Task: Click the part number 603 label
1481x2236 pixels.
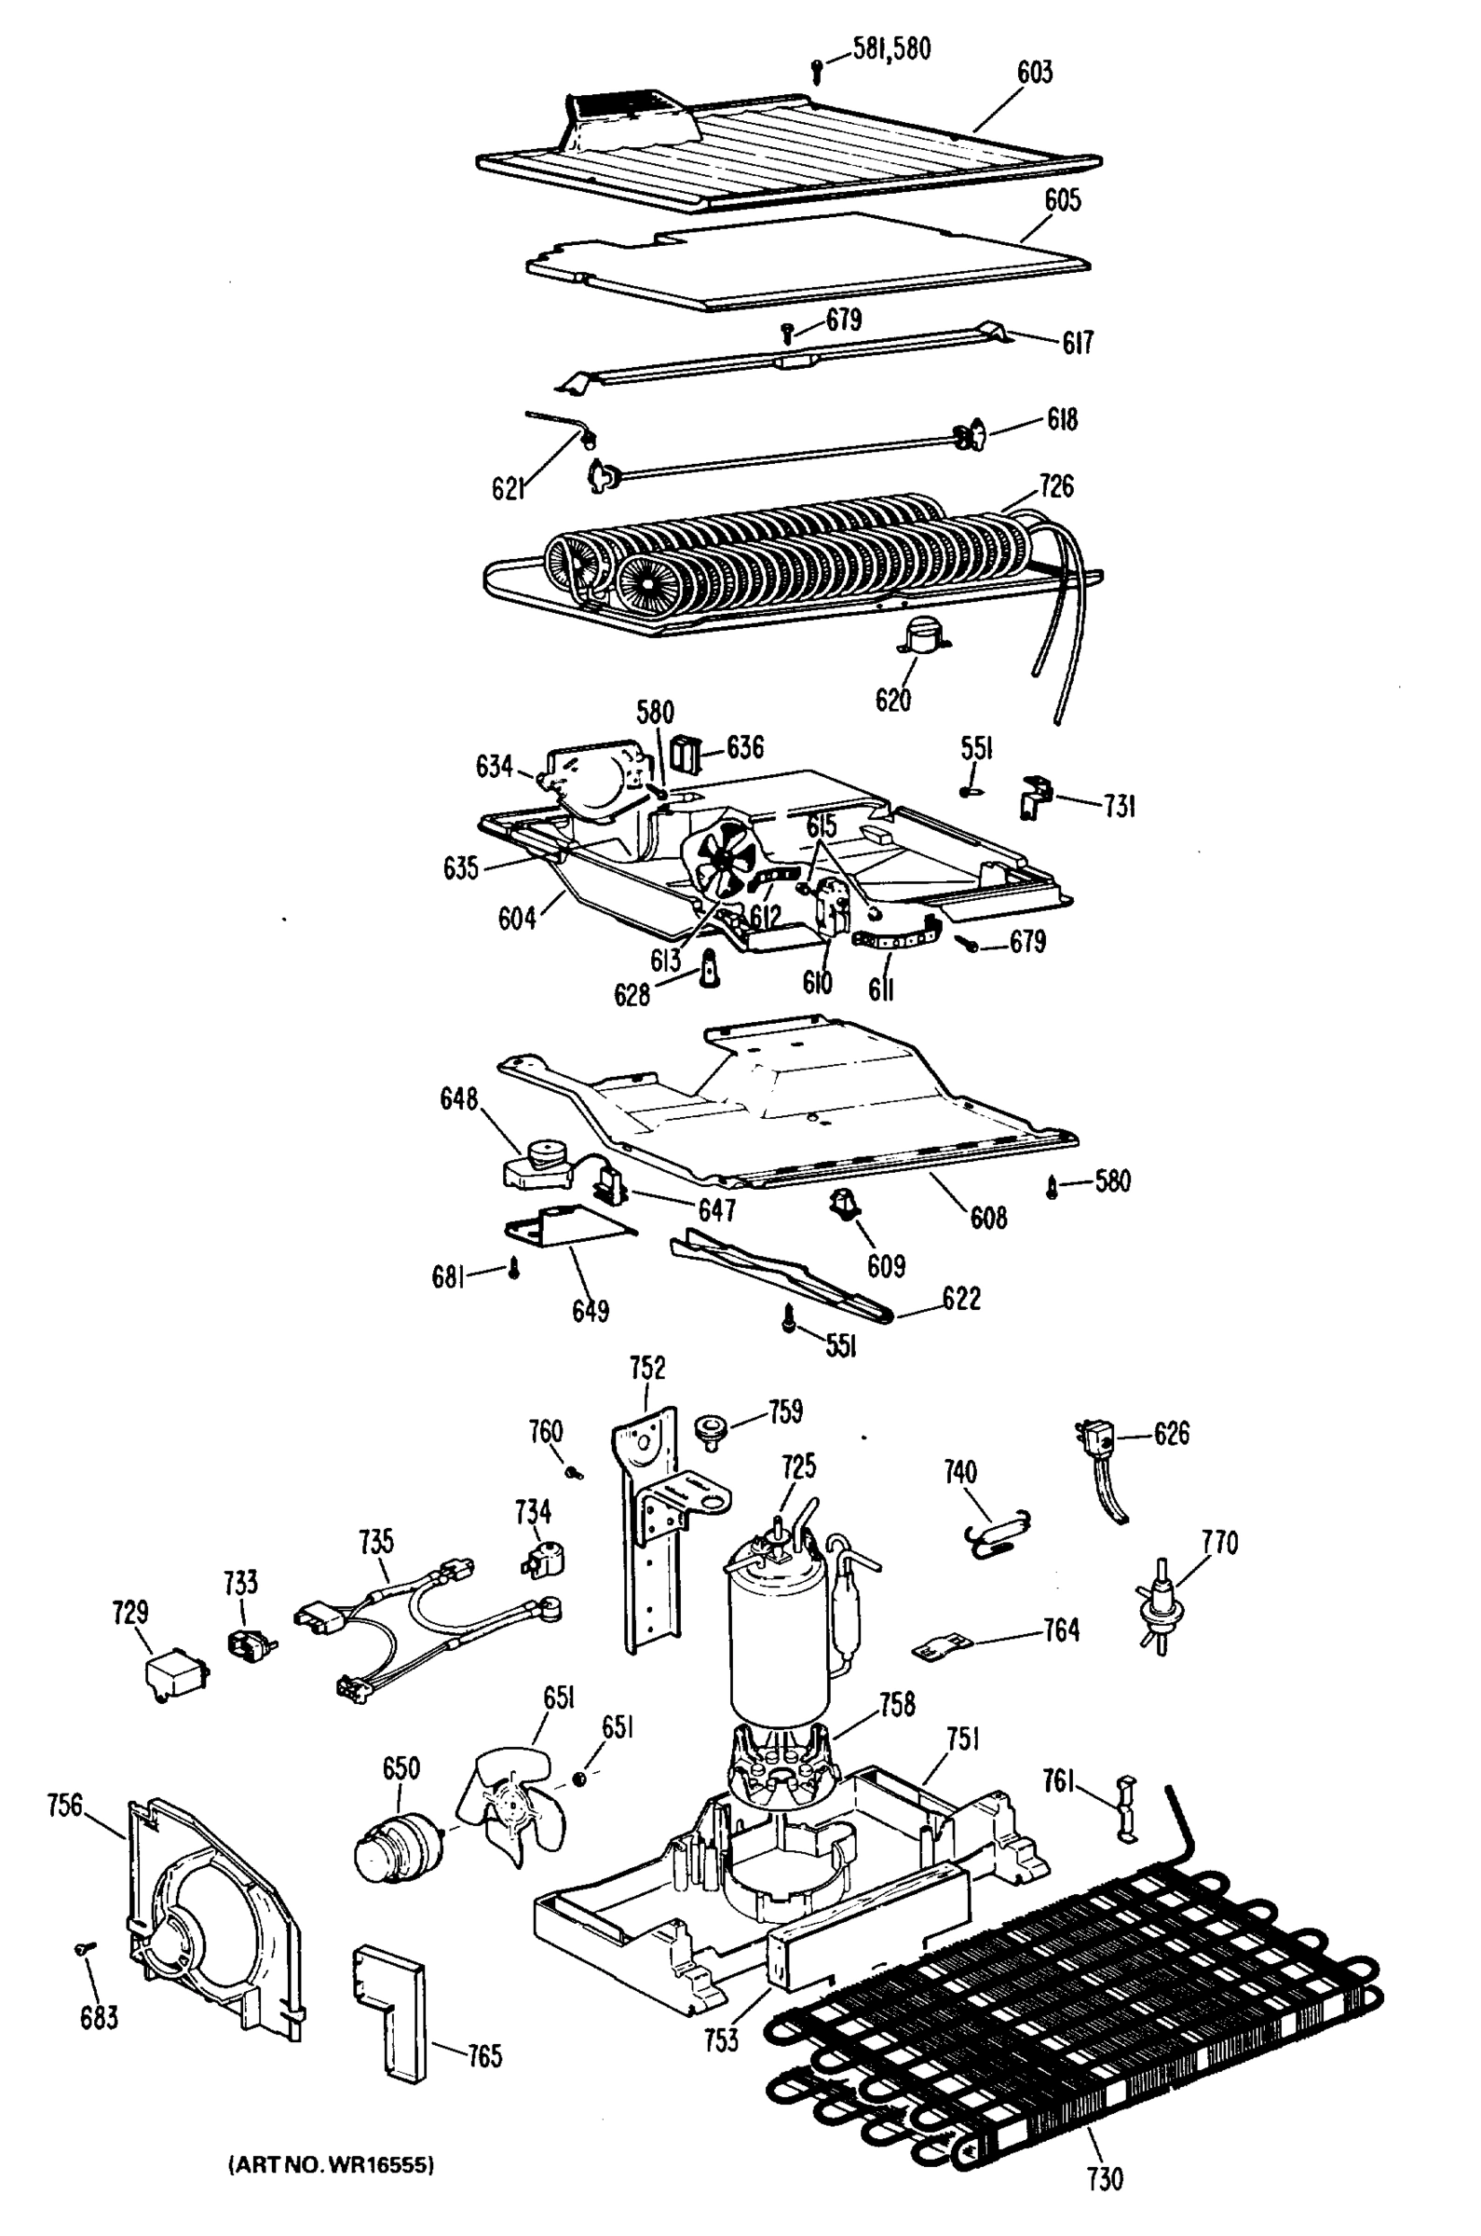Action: [1034, 73]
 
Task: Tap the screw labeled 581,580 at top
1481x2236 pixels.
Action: [817, 68]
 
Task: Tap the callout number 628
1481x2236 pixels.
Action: [632, 995]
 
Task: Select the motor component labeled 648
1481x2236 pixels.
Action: [536, 1165]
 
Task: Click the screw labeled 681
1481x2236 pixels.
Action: [515, 1270]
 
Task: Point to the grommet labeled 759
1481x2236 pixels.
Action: [709, 1427]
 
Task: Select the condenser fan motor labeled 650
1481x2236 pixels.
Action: [395, 1843]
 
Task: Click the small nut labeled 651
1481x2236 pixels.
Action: [579, 1779]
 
